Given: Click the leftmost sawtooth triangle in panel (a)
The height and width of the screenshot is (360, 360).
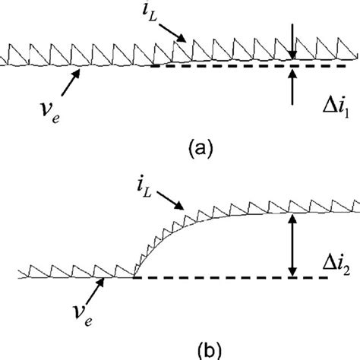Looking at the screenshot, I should (x=9, y=58).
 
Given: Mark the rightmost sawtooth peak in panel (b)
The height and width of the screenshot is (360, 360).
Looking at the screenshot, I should (x=353, y=204).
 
